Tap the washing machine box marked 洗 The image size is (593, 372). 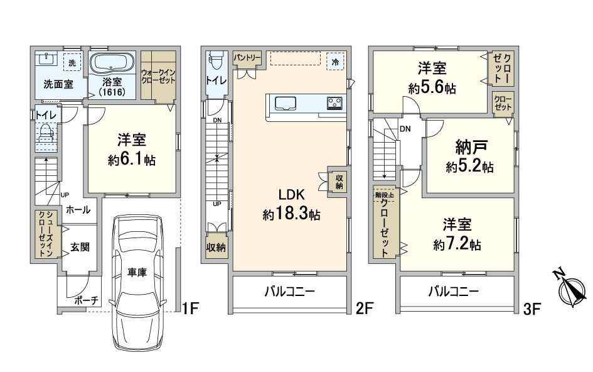[72, 62]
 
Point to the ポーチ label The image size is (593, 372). [87, 301]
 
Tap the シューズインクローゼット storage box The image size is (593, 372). [46, 234]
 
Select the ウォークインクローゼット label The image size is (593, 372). [158, 76]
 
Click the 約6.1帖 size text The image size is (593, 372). [132, 160]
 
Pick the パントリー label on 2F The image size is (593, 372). [247, 58]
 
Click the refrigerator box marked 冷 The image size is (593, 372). [335, 62]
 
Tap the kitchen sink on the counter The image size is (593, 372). [285, 102]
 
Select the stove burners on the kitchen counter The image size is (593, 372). [335, 102]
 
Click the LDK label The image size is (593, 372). [291, 195]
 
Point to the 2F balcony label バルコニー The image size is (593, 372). [290, 292]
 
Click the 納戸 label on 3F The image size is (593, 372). [471, 148]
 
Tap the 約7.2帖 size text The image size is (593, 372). [457, 244]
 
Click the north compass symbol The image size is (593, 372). [570, 288]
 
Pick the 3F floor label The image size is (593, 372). [532, 310]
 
